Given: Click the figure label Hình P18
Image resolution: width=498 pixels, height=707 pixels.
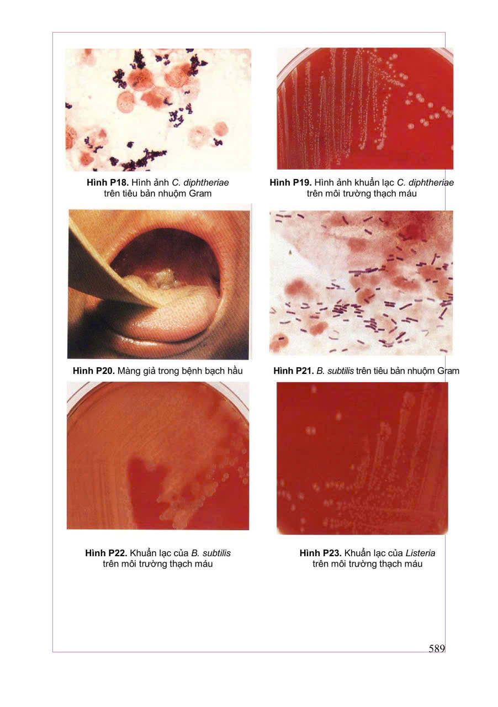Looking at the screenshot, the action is (x=108, y=182).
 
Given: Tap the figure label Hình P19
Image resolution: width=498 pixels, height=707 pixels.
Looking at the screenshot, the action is (x=290, y=182).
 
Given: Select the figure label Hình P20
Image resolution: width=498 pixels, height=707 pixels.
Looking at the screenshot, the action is (x=94, y=371).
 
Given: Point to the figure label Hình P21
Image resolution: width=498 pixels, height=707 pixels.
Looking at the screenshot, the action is (x=294, y=371).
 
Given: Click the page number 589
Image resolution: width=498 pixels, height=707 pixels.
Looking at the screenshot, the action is (x=437, y=648).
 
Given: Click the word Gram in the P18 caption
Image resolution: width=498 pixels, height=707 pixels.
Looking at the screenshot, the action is (x=200, y=193).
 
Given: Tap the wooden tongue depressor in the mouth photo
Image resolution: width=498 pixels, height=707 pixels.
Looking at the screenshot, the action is (x=104, y=271).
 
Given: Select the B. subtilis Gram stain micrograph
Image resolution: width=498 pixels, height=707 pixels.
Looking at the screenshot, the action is (x=361, y=283).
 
